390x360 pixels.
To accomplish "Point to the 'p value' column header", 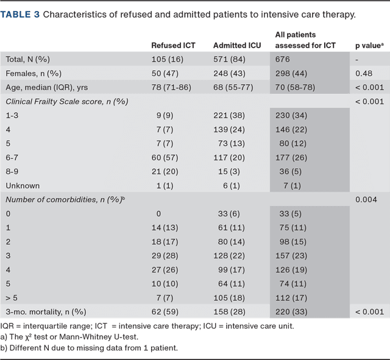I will click(368, 45).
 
